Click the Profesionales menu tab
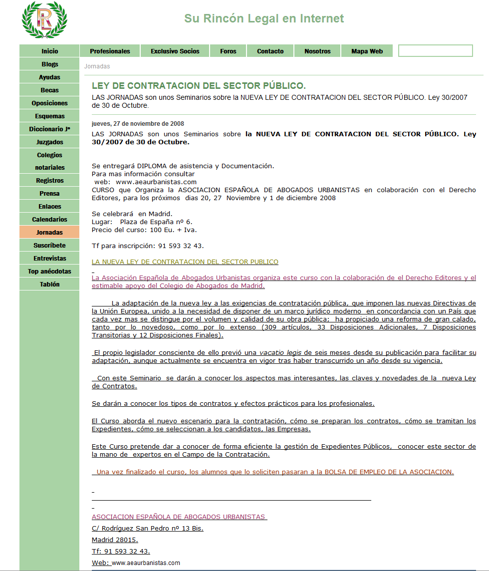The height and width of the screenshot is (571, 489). [x=110, y=51]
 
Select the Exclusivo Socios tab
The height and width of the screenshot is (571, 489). [x=175, y=51]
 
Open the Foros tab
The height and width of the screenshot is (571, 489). [x=228, y=51]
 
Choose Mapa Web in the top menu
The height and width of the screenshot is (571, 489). [x=367, y=51]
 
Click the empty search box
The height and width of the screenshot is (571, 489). [x=435, y=51]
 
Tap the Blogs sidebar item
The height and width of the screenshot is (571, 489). [x=49, y=64]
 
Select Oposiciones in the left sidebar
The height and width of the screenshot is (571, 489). [x=49, y=103]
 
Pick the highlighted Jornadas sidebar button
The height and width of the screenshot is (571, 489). [x=49, y=233]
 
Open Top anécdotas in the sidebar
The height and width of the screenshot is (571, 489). [x=49, y=272]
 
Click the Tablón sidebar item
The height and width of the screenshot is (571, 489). [x=49, y=285]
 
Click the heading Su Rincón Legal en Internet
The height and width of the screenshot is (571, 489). [x=264, y=18]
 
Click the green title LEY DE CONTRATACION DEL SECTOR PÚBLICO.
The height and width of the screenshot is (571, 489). [x=199, y=86]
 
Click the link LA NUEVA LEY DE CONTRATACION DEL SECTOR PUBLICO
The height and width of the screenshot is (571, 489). [x=185, y=262]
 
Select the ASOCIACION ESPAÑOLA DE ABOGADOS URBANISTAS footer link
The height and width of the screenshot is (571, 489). [x=179, y=517]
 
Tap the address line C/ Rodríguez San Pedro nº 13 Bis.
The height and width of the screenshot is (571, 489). [x=147, y=529]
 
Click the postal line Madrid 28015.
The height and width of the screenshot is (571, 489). [x=115, y=540]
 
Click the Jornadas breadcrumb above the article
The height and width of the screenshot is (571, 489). [x=97, y=66]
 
